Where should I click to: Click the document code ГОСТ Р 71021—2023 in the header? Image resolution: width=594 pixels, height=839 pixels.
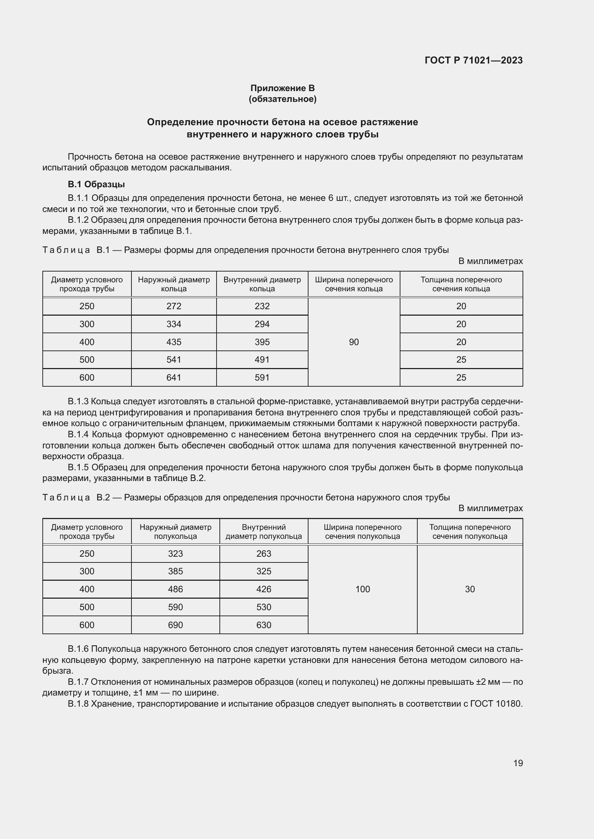[474, 60]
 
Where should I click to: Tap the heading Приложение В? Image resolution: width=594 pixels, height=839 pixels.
[282, 88]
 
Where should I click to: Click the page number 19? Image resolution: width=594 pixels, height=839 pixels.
[518, 763]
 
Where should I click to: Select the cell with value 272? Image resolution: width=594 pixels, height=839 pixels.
[174, 306]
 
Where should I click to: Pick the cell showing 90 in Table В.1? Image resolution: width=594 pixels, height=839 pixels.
[354, 342]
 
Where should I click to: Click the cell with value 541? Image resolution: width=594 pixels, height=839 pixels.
[174, 359]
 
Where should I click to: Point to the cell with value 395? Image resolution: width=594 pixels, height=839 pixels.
[262, 342]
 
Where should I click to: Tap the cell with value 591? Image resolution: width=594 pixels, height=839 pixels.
[262, 377]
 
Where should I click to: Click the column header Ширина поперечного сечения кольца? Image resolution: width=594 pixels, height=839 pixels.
[354, 284]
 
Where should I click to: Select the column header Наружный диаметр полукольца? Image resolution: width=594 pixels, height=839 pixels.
[175, 532]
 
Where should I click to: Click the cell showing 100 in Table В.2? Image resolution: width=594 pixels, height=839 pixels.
[362, 589]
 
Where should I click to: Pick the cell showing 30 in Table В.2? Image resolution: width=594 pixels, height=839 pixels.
[470, 589]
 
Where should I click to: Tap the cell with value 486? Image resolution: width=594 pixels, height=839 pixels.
[175, 589]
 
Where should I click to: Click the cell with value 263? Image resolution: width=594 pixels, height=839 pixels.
[263, 553]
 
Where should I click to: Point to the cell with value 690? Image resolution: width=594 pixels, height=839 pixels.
[175, 625]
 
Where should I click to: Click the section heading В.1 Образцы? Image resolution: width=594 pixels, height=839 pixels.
[96, 184]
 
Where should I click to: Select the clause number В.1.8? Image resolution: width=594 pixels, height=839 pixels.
[78, 703]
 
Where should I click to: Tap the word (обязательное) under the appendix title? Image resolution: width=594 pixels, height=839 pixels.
[282, 99]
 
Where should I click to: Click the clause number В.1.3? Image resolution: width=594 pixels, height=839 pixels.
[78, 402]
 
